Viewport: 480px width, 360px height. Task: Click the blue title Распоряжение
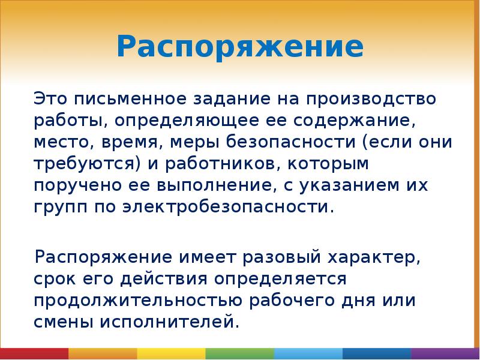(x=239, y=46)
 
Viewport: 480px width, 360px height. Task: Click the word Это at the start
(x=49, y=98)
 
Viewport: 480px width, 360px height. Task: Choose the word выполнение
(x=212, y=186)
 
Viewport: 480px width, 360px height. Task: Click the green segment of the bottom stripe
(x=239, y=353)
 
